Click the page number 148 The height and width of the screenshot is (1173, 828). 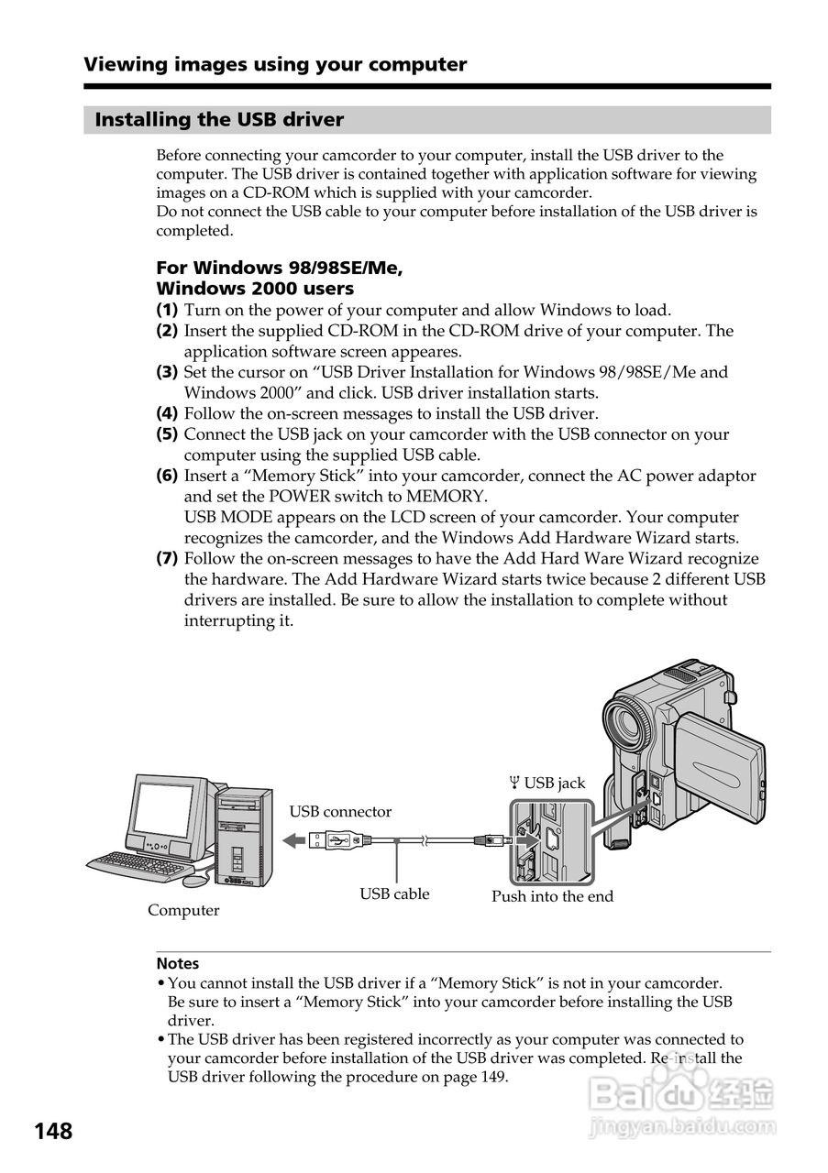(x=53, y=1131)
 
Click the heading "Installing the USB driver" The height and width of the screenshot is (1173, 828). (x=219, y=120)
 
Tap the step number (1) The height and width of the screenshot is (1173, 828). (x=167, y=311)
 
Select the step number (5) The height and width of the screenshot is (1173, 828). (x=167, y=434)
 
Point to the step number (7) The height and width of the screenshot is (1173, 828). (x=167, y=559)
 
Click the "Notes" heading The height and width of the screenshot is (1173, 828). (x=177, y=963)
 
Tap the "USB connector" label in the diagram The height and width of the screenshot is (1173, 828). (x=340, y=812)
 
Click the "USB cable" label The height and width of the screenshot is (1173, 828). (x=394, y=893)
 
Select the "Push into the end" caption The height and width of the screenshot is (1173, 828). (x=552, y=896)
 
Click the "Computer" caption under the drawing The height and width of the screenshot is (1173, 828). (x=183, y=910)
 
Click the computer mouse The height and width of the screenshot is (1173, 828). (x=195, y=880)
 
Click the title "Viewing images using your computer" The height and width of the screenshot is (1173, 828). (x=275, y=64)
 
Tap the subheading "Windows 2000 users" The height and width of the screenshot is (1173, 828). (x=255, y=289)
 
